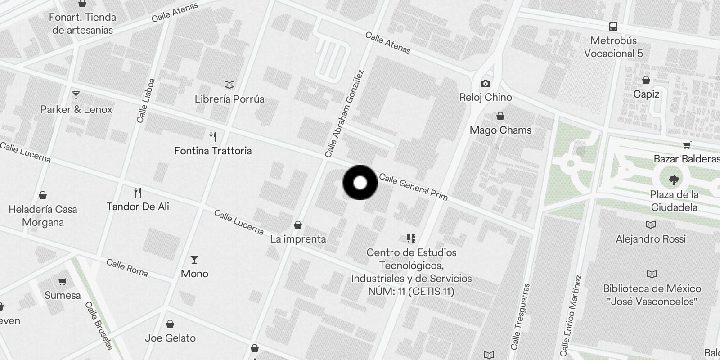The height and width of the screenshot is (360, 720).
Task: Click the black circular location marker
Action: point(360,183)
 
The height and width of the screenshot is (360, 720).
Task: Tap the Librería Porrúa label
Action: point(229,99)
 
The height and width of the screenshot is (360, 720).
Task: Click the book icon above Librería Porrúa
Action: point(229,85)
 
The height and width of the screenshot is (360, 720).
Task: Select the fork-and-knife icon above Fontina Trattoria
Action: point(213,136)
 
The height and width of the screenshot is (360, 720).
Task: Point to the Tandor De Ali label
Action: point(138,207)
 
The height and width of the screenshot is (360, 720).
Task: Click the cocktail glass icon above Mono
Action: point(194,260)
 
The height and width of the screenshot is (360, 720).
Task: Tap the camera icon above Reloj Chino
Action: point(485,83)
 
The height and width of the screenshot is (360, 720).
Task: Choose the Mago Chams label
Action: point(500,130)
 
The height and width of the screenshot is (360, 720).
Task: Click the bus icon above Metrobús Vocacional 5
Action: point(613,26)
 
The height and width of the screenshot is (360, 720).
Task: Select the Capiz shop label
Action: point(646,94)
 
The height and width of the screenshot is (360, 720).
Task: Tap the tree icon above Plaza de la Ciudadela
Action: point(674,180)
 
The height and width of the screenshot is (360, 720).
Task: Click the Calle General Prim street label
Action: point(413,186)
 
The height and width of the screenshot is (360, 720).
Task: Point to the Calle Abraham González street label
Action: point(344,113)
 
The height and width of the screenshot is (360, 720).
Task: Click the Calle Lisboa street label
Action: point(146,101)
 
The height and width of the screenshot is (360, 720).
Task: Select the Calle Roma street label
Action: point(127,267)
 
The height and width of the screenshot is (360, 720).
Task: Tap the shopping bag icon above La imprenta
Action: point(297,225)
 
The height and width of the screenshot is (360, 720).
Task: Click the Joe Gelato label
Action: point(170,338)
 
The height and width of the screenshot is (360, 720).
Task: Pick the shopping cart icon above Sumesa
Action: point(62,282)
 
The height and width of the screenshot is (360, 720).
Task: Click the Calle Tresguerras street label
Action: point(521,316)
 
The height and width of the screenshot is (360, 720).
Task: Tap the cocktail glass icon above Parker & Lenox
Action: point(76,95)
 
